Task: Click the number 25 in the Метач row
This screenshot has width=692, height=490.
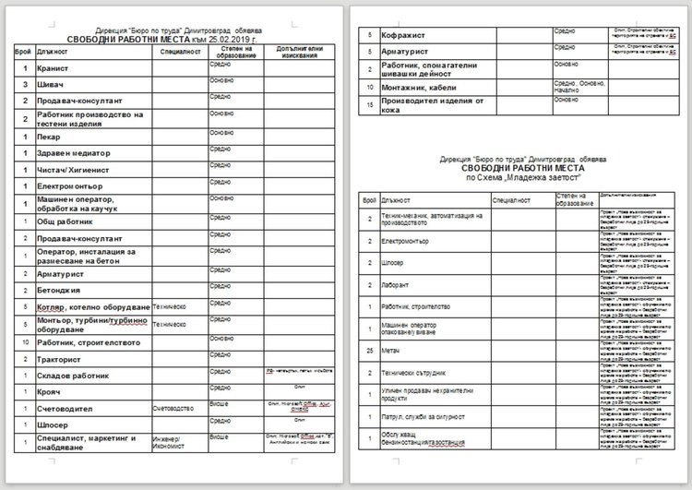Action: pos(368,350)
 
